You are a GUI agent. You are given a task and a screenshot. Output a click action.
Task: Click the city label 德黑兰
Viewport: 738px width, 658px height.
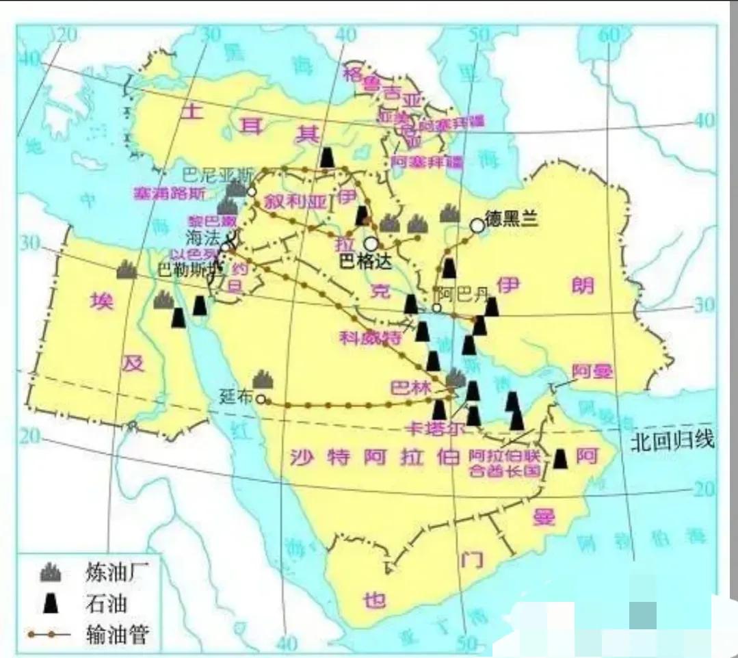tap(512, 218)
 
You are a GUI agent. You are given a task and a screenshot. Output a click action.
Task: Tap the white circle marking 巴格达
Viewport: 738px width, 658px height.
tap(371, 243)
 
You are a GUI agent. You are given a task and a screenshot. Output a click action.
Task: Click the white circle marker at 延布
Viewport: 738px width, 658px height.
tap(261, 399)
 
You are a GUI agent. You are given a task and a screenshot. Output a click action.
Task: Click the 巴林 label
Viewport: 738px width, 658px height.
tap(410, 388)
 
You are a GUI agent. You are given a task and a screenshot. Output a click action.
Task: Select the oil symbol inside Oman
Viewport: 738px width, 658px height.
tap(561, 459)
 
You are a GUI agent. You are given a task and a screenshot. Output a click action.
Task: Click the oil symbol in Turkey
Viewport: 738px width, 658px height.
tap(328, 157)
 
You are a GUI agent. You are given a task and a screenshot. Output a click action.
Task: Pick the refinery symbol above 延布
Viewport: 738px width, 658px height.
tap(263, 379)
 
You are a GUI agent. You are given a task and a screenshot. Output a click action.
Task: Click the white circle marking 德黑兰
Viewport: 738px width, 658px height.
tap(477, 224)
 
